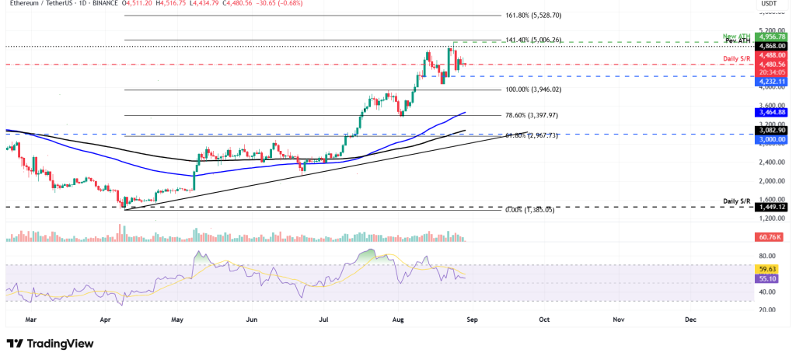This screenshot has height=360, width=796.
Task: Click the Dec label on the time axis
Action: pos(690,319)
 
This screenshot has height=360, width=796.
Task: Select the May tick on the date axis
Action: pos(178,319)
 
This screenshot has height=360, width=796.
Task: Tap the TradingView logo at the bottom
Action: pos(50,343)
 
